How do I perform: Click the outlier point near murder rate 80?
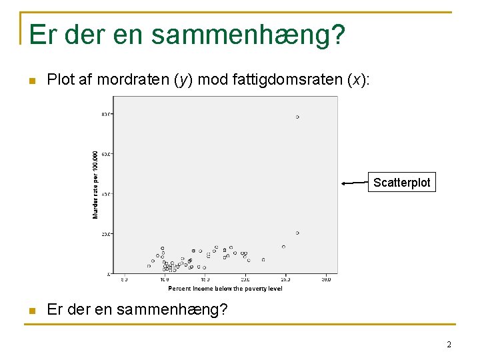point(297,117)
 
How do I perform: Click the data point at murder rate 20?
point(297,233)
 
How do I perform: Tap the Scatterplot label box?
point(402,183)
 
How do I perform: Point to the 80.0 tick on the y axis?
point(107,114)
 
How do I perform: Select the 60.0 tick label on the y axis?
point(107,154)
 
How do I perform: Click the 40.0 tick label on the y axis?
point(107,194)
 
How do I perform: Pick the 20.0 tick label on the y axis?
point(107,234)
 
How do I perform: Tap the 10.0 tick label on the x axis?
point(164,280)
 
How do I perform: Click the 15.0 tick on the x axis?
point(205,280)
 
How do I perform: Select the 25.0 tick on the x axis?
point(285,280)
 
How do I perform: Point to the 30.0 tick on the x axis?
point(326,280)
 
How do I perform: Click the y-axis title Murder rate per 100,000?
point(95,184)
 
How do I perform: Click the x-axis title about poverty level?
point(225,289)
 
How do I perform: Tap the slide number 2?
point(449,345)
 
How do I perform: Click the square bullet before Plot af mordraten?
point(29,81)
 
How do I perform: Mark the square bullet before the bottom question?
point(29,311)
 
